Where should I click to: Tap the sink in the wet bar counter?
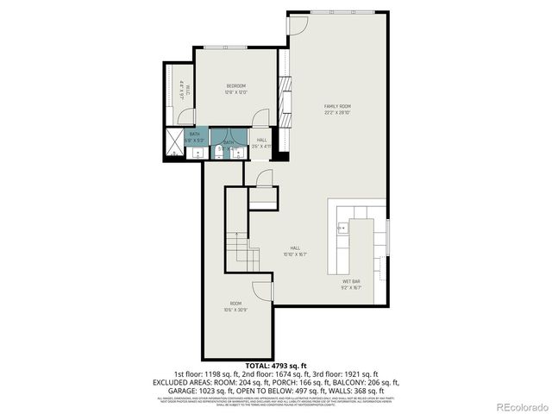pos(342,229)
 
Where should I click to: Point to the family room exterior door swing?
pos(297,23)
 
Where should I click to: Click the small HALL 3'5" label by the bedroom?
pos(261,143)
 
